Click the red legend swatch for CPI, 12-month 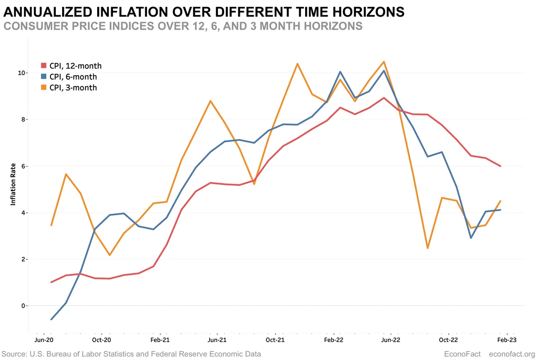(44, 66)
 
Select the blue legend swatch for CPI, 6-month (44, 77)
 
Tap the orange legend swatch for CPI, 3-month (44, 88)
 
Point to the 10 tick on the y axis (21, 73)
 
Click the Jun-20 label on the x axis (44, 340)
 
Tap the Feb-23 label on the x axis (506, 340)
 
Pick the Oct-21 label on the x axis (275, 340)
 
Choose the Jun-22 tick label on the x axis (391, 340)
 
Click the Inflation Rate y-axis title (13, 185)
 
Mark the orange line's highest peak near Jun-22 (383, 62)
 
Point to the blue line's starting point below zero (51, 319)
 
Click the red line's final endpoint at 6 (500, 166)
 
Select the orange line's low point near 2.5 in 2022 (427, 248)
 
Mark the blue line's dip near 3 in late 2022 (471, 238)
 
